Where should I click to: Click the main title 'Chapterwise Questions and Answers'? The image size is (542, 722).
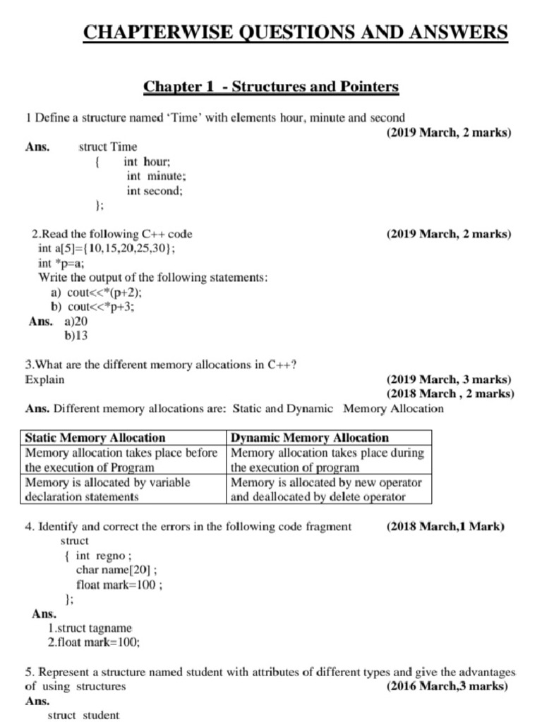coord(295,32)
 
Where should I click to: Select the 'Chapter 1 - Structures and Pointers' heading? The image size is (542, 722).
coord(271,87)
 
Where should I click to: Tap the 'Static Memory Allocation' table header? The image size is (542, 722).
coord(95,438)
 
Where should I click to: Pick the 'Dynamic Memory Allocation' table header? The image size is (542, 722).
coord(310,438)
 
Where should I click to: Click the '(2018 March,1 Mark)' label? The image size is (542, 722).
coord(446,526)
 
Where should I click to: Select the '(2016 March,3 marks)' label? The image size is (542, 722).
coord(447,685)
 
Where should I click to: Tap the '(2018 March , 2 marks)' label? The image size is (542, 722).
coord(450,393)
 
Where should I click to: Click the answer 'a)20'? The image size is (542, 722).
coord(76,322)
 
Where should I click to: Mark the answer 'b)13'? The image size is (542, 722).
coord(76,336)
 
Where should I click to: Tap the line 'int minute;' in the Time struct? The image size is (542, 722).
coord(156,176)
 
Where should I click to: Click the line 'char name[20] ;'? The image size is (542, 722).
coord(116,570)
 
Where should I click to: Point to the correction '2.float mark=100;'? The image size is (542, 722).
coord(94,642)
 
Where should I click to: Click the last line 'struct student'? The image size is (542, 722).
coord(83,715)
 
